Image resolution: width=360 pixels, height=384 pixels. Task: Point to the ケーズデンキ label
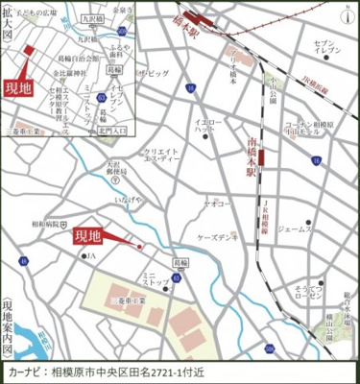217,235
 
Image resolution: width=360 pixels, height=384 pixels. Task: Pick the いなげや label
129,200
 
